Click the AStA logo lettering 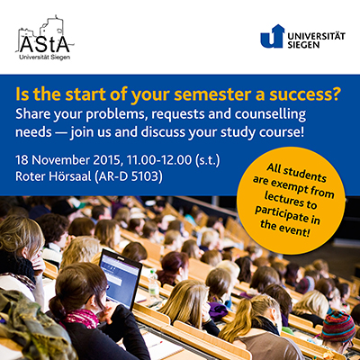pyautogui.click(x=45, y=44)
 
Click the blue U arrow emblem pyautogui.click(x=272, y=36)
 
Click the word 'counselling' pyautogui.click(x=271, y=114)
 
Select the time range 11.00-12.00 pyautogui.click(x=159, y=160)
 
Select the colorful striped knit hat pyautogui.click(x=338, y=327)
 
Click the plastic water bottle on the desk pyautogui.click(x=153, y=284)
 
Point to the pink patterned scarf pyautogui.click(x=82, y=319)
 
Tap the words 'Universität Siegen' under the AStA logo pyautogui.click(x=45, y=58)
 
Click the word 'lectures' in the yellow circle pyautogui.click(x=291, y=201)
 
